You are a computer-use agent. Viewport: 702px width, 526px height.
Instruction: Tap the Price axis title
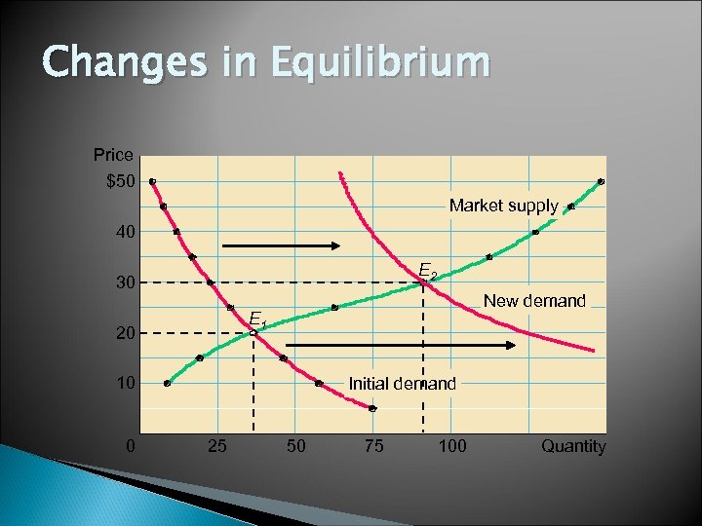(113, 155)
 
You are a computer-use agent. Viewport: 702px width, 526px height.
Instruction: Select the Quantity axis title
(573, 446)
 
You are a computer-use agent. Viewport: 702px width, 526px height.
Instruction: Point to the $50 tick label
(121, 181)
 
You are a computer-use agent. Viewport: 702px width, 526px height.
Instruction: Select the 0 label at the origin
(131, 446)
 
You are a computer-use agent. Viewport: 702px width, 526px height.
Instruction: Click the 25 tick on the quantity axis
(218, 446)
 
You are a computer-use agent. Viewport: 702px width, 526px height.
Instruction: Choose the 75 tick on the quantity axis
(373, 446)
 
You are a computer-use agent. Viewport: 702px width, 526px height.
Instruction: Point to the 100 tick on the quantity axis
(452, 446)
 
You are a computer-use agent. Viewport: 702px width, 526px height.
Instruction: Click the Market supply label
(503, 207)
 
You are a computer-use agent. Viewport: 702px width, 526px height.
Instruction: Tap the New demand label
(534, 301)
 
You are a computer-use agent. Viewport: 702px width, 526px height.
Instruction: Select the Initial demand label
(402, 384)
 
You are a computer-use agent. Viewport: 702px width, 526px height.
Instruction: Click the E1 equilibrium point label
(257, 319)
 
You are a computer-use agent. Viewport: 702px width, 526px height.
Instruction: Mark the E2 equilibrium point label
(427, 270)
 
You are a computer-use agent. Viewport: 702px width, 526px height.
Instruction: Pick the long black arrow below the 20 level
(400, 345)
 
